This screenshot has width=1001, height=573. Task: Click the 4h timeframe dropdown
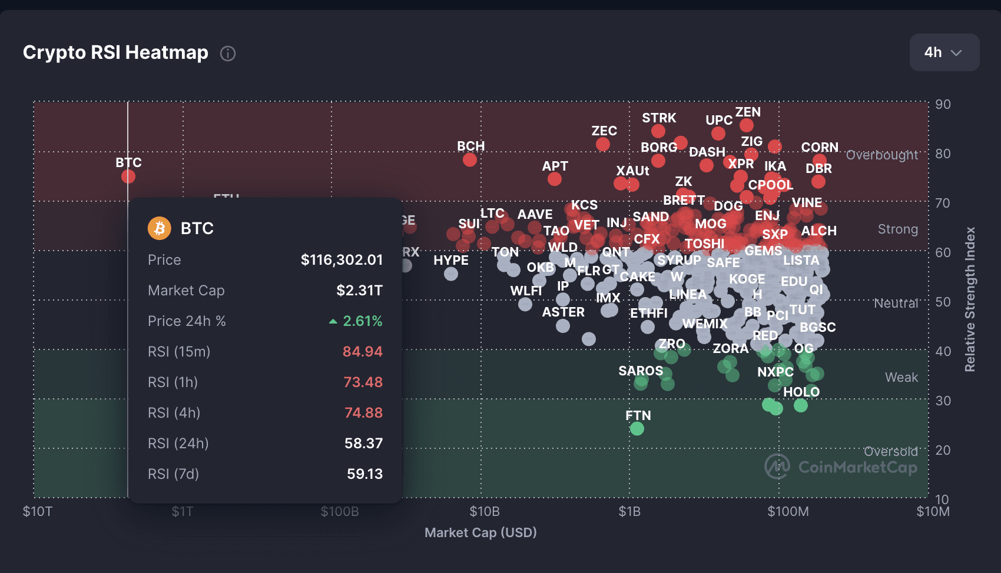click(944, 52)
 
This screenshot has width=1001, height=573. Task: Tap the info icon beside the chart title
click(228, 54)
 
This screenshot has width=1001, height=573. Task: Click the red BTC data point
click(128, 176)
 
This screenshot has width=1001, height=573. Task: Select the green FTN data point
click(637, 429)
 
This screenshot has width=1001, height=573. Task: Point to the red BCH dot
click(470, 159)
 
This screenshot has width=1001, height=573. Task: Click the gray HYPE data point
click(451, 274)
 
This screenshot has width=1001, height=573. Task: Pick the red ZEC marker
click(602, 144)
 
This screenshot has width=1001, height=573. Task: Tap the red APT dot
click(554, 179)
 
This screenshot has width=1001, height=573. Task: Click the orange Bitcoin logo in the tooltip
click(160, 228)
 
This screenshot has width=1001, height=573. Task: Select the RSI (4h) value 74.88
click(363, 413)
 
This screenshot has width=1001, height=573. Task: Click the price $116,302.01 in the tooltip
click(342, 260)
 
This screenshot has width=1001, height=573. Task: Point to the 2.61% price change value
click(362, 321)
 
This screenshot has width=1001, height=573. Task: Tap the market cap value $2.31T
click(359, 291)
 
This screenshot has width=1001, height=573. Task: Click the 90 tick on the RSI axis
click(943, 104)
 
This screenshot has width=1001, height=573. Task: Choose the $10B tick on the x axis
click(485, 512)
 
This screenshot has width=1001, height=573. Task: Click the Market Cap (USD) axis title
click(480, 532)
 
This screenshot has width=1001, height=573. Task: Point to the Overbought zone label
click(881, 155)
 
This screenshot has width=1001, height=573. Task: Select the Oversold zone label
click(890, 451)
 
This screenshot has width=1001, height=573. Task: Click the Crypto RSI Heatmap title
click(115, 52)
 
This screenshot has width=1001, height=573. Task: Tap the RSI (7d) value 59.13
click(364, 474)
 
